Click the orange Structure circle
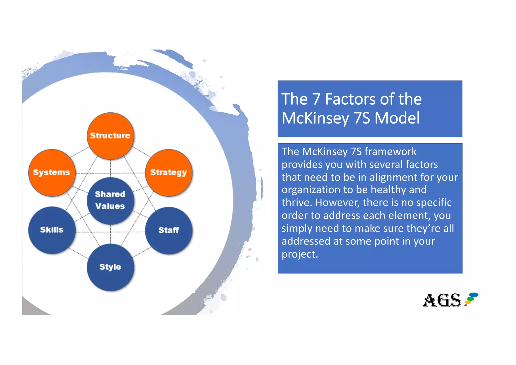click(x=110, y=136)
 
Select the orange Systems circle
click(x=52, y=173)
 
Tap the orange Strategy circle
click(x=169, y=173)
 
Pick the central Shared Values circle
click(x=110, y=201)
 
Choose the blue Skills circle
click(x=52, y=230)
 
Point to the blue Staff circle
click(x=169, y=230)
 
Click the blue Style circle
click(x=110, y=267)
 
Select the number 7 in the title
click(x=316, y=99)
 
